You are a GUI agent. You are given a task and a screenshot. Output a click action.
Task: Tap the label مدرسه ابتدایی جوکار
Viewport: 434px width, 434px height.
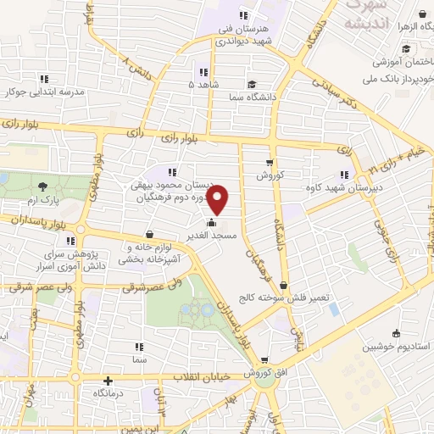[37, 92]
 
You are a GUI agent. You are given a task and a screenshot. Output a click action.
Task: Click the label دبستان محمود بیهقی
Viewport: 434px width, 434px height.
[169, 185]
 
